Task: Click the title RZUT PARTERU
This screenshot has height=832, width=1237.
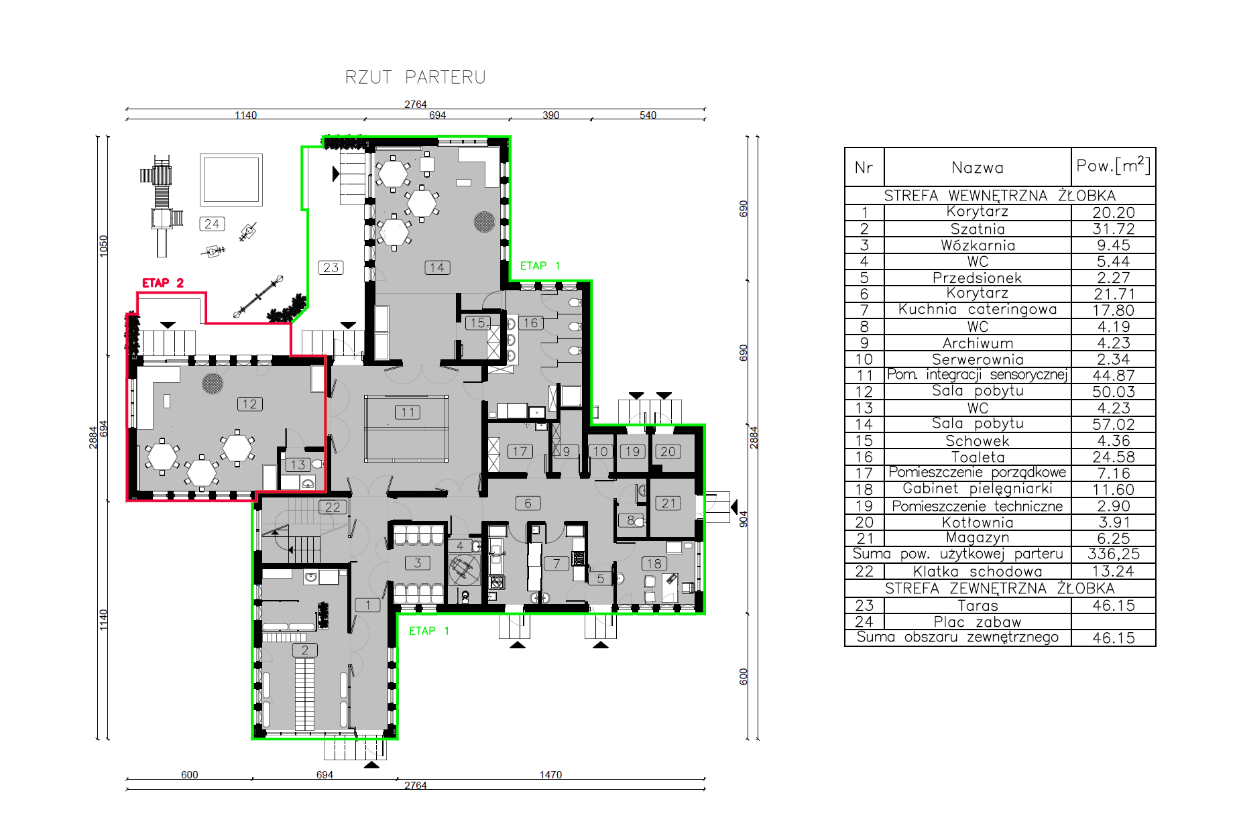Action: [x=415, y=77]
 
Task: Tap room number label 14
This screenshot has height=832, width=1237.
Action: [x=437, y=268]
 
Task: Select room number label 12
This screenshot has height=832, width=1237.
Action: [x=249, y=404]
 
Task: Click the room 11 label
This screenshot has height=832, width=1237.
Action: [x=408, y=412]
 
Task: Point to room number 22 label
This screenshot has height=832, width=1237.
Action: [x=333, y=507]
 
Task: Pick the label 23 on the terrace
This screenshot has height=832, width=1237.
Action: [x=331, y=268]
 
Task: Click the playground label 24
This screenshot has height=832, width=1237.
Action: [x=212, y=224]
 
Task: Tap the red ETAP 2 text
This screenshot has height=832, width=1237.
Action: [x=163, y=283]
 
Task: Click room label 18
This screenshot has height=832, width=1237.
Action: [x=654, y=564]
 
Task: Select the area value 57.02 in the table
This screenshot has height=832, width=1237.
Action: [x=1114, y=424]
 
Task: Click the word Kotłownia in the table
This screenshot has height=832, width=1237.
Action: [x=978, y=522]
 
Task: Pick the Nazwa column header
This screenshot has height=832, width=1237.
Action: [x=978, y=168]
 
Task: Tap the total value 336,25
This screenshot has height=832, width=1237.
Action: [x=1114, y=554]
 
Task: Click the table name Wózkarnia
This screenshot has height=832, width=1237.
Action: [x=978, y=245]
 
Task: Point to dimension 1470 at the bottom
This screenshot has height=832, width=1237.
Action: [x=550, y=774]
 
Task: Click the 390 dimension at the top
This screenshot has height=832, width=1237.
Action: [x=550, y=115]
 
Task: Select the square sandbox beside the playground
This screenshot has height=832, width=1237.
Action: [x=231, y=180]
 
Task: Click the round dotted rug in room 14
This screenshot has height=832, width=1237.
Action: [x=484, y=221]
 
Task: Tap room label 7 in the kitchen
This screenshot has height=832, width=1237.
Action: [x=556, y=564]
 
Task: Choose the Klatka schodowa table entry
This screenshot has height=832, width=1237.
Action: [x=978, y=571]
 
